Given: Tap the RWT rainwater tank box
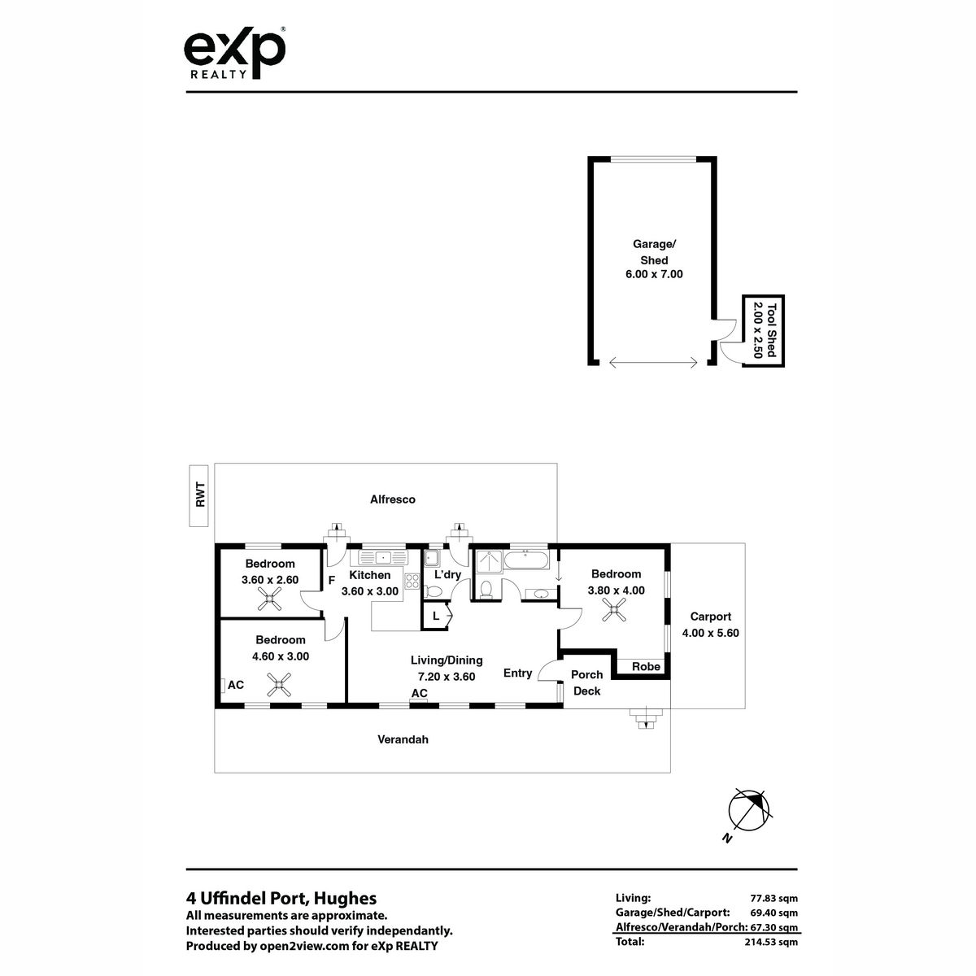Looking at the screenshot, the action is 198,495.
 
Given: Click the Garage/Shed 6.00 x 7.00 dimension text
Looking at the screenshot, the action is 654,274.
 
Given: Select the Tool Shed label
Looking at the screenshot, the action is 771,329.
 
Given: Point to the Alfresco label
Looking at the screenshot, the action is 393,499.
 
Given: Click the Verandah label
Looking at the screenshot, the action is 403,739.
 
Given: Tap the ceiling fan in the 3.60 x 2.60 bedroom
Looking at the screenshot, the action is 269,599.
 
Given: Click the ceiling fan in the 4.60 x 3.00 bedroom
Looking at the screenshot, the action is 279,684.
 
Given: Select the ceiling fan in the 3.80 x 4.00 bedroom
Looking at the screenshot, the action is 614,609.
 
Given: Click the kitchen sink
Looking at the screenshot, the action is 383,558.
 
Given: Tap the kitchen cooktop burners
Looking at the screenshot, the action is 412,581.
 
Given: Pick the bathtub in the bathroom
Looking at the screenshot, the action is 526,560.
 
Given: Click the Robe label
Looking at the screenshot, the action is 646,667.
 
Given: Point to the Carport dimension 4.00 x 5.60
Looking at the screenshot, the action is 710,633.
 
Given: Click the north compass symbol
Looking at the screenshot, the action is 748,810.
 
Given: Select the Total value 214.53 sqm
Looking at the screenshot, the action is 771,942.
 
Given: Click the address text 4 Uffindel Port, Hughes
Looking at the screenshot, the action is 281,899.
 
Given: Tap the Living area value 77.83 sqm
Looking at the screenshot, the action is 773,899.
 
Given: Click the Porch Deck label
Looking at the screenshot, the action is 587,682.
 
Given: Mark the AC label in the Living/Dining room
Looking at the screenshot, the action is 420,693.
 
